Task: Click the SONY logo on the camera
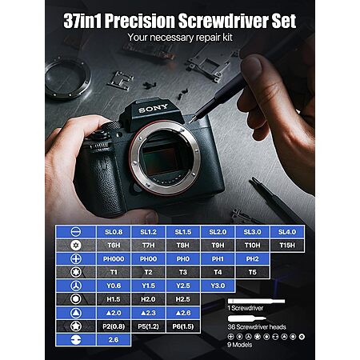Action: point(153,108)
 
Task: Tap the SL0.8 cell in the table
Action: point(114,232)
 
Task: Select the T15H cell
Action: point(287,245)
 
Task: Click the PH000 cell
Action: point(114,258)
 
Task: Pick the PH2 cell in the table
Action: point(253,258)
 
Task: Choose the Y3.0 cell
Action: point(218,286)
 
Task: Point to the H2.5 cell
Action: point(183,299)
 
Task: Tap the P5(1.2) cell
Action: point(148,326)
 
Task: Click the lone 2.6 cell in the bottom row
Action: point(114,340)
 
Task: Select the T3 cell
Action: point(183,272)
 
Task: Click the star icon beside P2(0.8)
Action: point(76,326)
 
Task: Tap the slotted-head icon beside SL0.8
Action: point(76,231)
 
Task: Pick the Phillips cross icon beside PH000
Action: point(76,258)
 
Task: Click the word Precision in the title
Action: point(139,21)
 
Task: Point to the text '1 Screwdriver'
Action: point(245,308)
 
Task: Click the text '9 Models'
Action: point(239,345)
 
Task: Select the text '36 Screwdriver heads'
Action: point(257,327)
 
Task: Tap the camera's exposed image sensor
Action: point(159,159)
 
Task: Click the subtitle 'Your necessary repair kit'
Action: point(180,37)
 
